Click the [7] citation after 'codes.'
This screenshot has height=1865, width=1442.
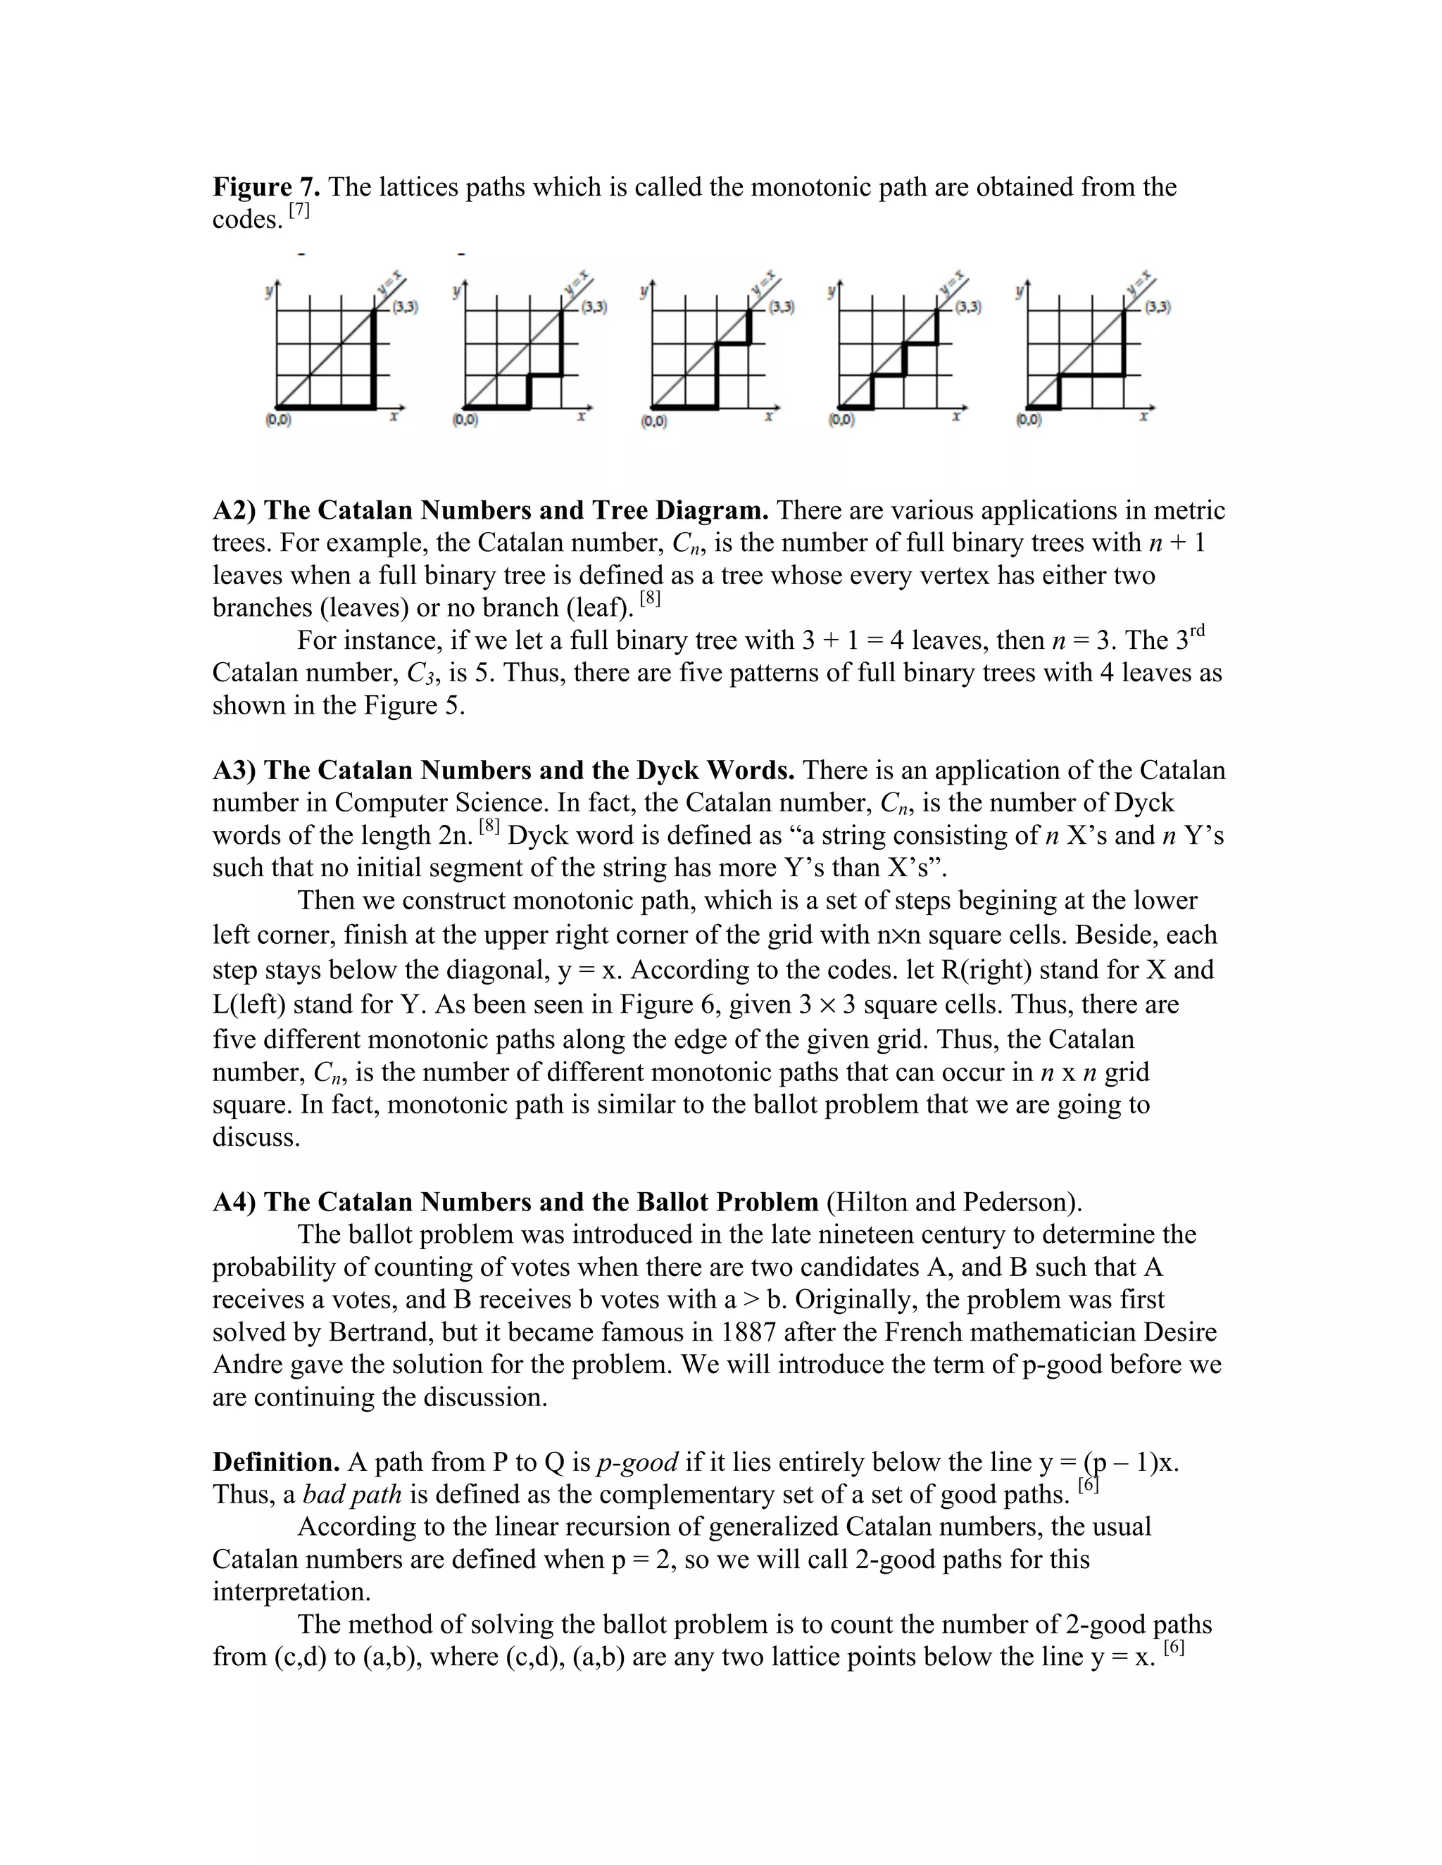tap(299, 210)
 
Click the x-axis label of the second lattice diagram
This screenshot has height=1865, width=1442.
tap(581, 416)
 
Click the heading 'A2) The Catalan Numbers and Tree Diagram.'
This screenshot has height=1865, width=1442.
tap(490, 511)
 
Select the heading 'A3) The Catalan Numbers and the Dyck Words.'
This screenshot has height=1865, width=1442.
tap(503, 770)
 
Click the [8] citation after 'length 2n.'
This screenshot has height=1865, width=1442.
tap(489, 826)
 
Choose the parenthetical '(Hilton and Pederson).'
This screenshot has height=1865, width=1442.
tap(954, 1202)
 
